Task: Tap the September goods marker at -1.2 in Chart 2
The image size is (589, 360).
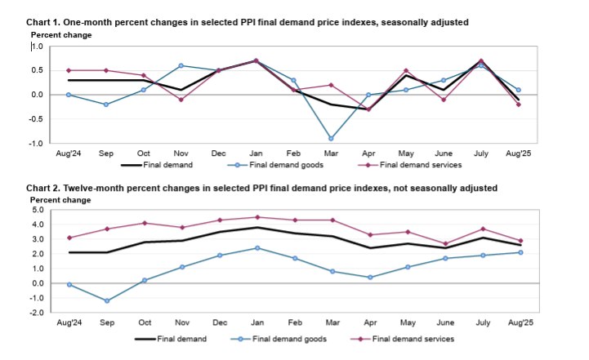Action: point(106,301)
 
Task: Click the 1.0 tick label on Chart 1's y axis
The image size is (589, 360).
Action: point(36,47)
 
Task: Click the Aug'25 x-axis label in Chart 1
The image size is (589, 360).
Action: point(519,153)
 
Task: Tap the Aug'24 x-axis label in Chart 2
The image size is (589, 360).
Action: point(69,322)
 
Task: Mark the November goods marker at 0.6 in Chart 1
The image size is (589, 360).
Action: point(181,65)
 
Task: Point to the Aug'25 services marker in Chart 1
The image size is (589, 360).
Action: point(519,104)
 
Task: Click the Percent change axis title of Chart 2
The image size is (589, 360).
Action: point(61,199)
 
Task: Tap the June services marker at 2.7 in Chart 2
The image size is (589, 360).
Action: point(445,243)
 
